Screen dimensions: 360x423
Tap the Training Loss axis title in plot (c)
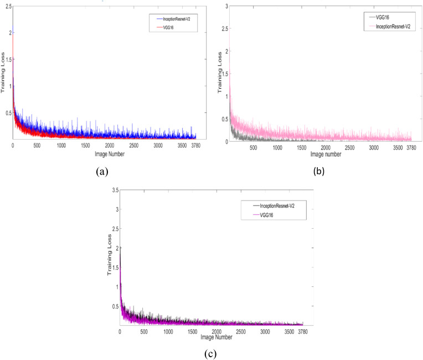(109, 258)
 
